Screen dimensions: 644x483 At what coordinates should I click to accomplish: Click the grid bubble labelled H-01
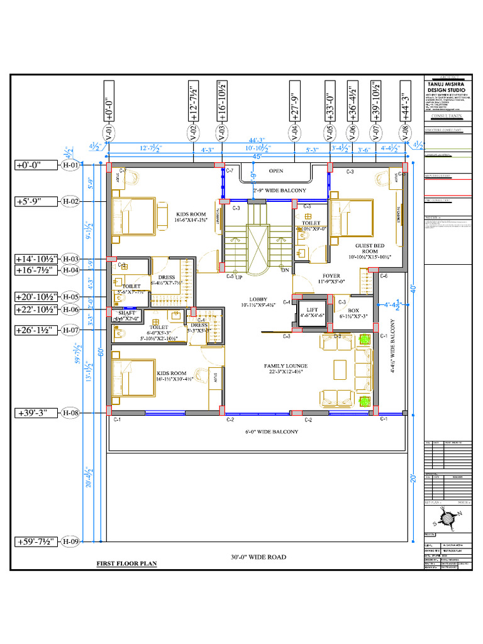tap(70, 165)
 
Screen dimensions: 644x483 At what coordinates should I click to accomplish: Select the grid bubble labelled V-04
tap(294, 133)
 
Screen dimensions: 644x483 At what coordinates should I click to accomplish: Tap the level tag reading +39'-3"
tap(36, 413)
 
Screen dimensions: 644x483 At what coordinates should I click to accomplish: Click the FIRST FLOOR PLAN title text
tap(126, 563)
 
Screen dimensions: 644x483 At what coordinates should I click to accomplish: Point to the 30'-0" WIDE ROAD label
tap(258, 557)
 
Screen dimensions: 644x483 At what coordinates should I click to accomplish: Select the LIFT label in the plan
tap(312, 310)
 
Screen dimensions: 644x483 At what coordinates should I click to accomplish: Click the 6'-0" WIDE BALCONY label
tap(272, 432)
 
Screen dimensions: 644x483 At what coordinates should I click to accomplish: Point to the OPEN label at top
tap(276, 170)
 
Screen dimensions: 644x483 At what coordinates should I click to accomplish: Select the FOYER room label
tap(331, 275)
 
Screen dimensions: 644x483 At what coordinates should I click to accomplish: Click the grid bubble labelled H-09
tap(70, 541)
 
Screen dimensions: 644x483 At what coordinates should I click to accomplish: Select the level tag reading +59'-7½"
tap(36, 541)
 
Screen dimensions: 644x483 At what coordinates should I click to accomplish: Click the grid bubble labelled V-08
tap(402, 133)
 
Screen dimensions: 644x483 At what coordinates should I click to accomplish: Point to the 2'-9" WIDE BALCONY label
tap(279, 190)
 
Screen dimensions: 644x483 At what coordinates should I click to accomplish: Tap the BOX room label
tap(353, 310)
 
